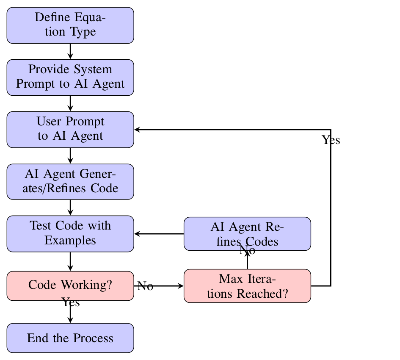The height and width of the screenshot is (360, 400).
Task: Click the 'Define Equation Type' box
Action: [x=70, y=25]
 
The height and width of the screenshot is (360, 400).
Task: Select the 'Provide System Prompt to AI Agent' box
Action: [x=70, y=77]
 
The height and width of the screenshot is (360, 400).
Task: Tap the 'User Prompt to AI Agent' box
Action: [x=70, y=129]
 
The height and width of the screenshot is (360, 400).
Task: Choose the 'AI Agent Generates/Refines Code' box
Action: [x=70, y=181]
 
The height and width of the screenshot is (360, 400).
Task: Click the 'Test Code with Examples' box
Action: [x=70, y=233]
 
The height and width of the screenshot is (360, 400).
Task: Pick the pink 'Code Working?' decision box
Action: [x=70, y=285]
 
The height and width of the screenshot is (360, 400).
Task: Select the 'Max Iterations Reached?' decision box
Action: [x=247, y=286]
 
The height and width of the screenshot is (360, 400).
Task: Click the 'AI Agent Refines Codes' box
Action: [x=247, y=234]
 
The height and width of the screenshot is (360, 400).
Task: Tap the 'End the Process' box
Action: [x=70, y=338]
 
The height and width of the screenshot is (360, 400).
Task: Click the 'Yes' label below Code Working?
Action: [x=71, y=302]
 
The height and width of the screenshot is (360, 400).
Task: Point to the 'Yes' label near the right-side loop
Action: [x=331, y=140]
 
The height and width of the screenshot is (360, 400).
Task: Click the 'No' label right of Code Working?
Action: [x=145, y=286]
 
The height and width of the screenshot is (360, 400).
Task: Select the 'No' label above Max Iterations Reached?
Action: [x=247, y=251]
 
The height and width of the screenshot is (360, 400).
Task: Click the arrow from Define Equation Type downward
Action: [x=70, y=51]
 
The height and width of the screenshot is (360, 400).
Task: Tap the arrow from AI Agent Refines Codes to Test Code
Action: [x=159, y=234]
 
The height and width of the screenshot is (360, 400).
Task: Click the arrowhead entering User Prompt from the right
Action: [x=137, y=130]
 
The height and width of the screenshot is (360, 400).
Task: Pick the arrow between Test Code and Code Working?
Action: [x=70, y=261]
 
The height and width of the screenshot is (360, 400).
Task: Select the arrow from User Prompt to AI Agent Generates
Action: [x=70, y=155]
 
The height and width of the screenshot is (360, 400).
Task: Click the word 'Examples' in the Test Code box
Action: [x=70, y=241]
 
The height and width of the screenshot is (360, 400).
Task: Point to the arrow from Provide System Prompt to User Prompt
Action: [x=70, y=103]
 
